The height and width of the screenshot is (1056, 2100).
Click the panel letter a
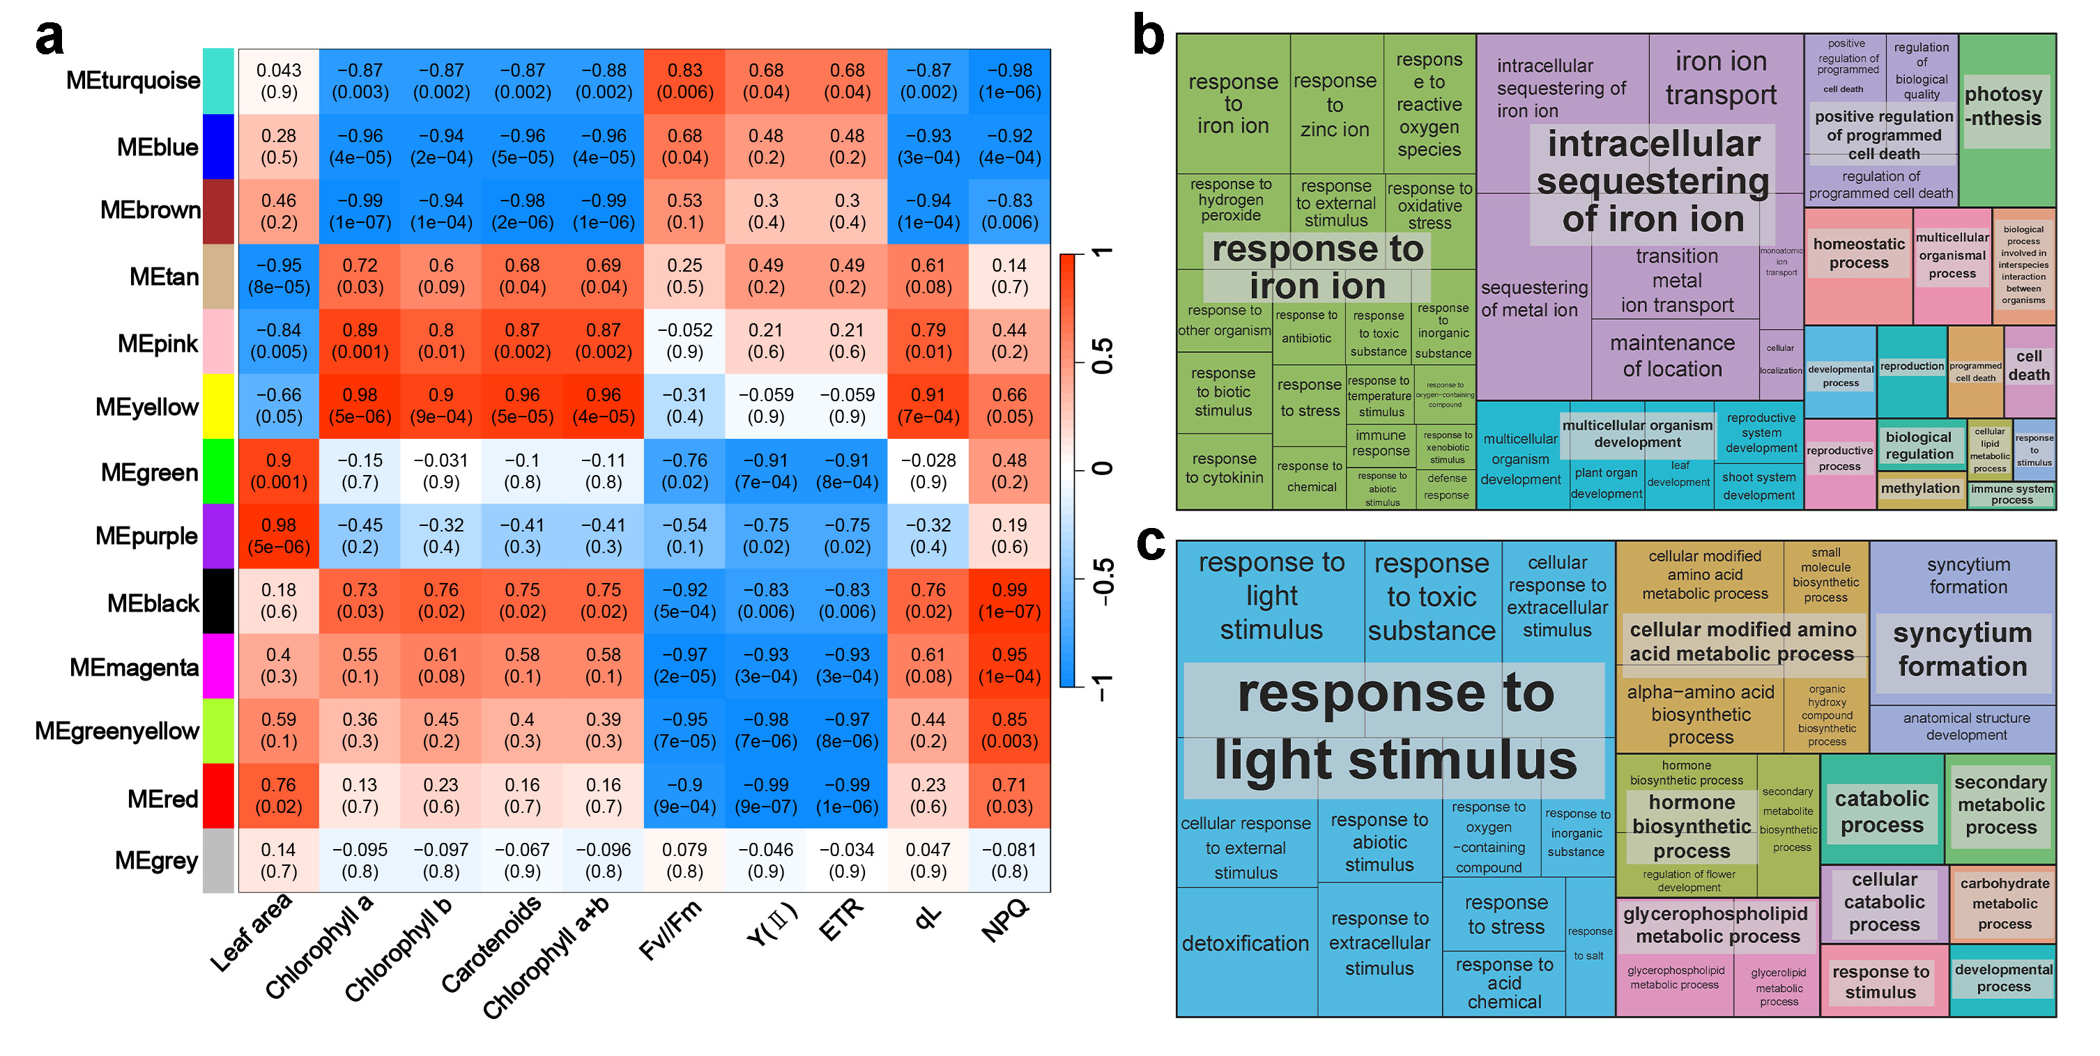[x=49, y=37]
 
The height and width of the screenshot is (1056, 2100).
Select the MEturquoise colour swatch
[x=217, y=81]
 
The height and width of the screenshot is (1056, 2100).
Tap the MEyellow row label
[x=147, y=407]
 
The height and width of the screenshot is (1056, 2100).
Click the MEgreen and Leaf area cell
[x=279, y=471]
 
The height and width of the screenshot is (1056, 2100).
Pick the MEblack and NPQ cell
[x=1009, y=600]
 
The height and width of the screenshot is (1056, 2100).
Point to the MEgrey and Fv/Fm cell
[x=684, y=860]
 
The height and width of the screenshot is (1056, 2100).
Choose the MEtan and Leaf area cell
[x=279, y=277]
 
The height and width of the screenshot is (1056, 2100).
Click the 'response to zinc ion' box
[x=1335, y=104]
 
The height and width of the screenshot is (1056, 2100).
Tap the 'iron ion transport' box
[x=1721, y=78]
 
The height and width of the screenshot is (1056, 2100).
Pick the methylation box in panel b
[x=1920, y=489]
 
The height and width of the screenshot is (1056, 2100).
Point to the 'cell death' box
[x=2029, y=366]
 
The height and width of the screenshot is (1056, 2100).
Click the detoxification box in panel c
[x=1246, y=944]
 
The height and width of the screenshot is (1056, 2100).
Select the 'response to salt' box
[x=1589, y=944]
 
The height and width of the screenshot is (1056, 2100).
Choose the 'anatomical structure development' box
[x=1966, y=727]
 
